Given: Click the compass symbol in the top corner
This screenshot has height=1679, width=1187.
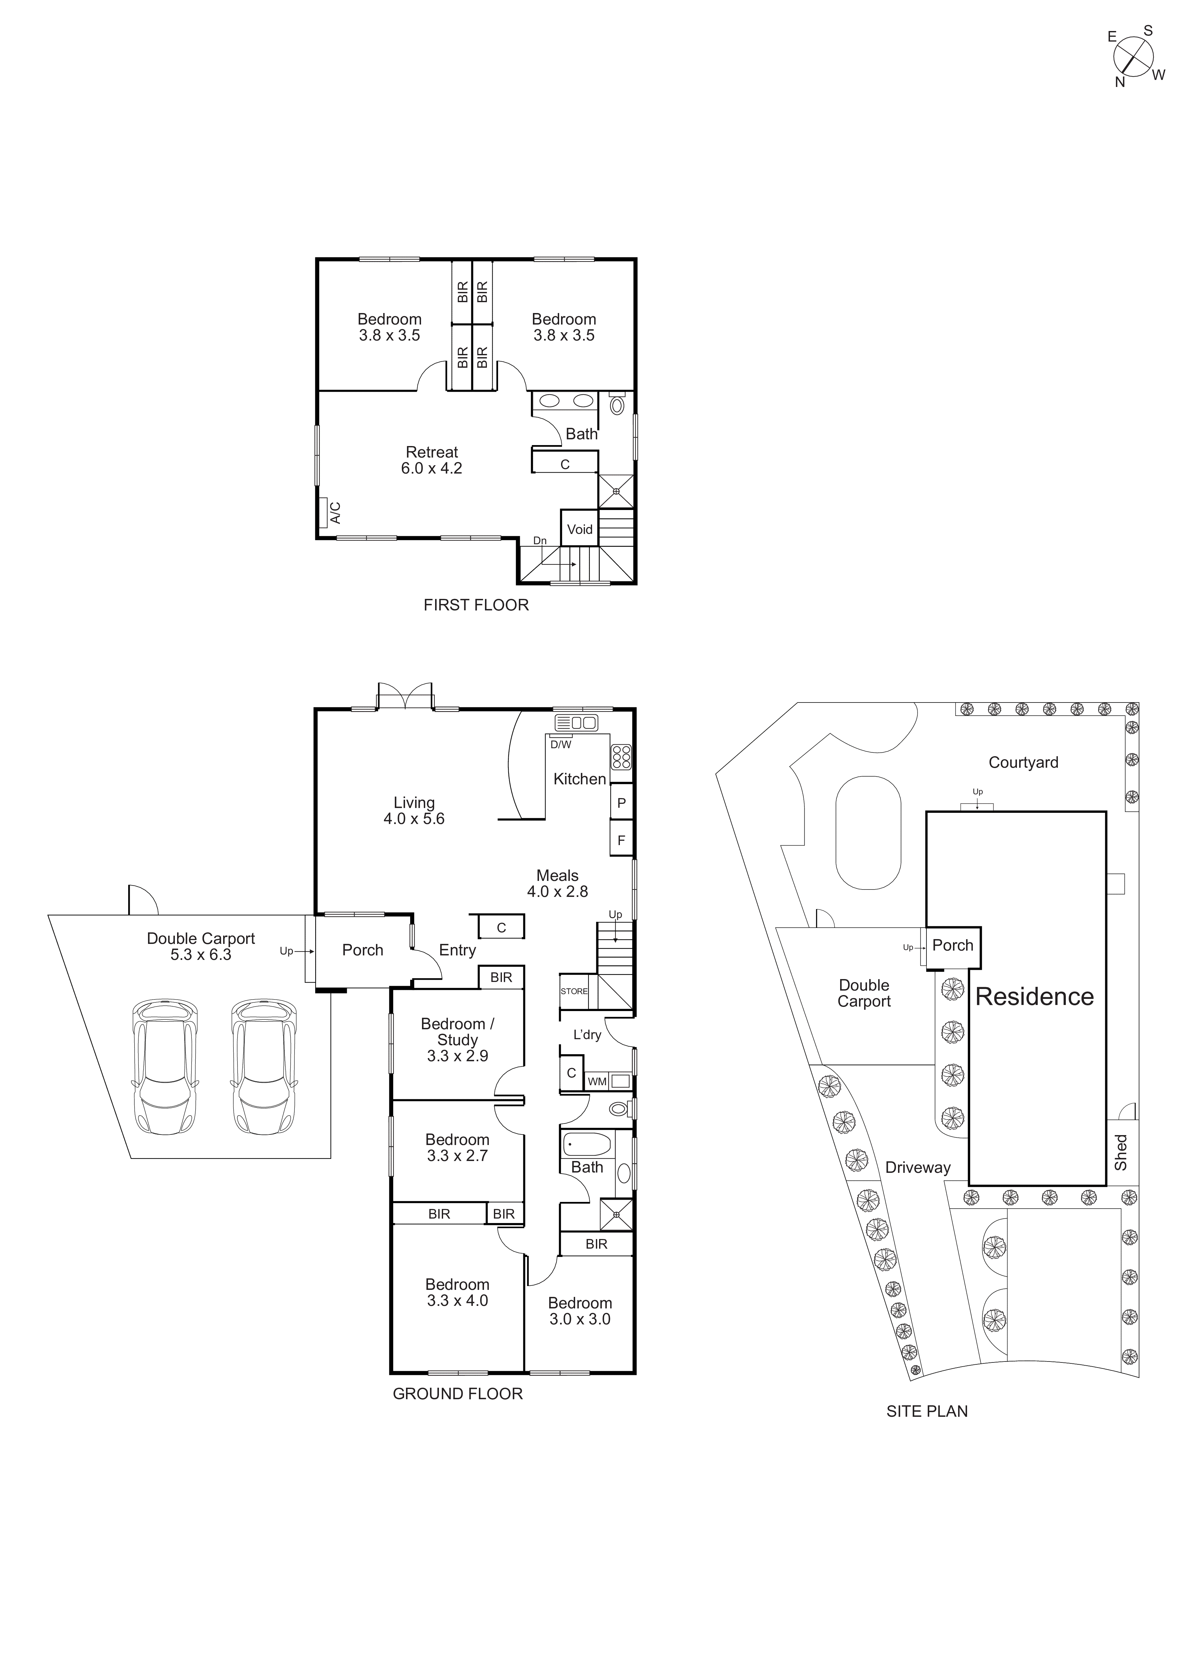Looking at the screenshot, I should click(1134, 56).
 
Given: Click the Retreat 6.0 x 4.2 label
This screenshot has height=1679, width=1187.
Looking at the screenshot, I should click(431, 460).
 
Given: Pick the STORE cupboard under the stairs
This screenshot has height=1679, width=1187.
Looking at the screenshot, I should click(574, 991).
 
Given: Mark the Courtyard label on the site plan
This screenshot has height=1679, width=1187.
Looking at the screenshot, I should click(1023, 762).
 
